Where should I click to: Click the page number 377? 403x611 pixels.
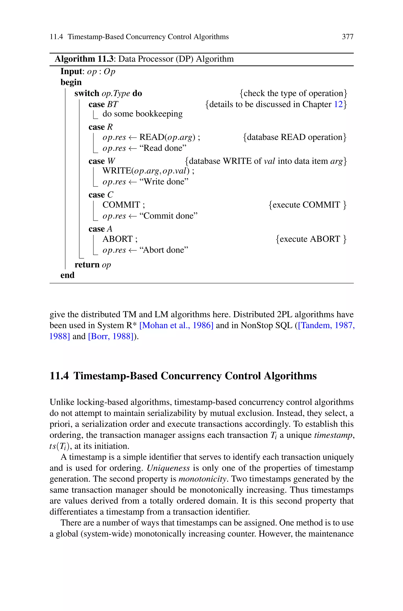[348, 37]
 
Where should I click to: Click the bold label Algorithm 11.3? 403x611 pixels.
[84, 59]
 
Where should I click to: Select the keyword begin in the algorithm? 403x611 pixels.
[71, 82]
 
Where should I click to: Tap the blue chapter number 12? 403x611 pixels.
[338, 104]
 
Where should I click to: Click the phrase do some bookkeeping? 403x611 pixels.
[142, 114]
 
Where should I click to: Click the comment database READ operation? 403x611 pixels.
[295, 137]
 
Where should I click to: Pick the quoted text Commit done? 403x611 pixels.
[168, 216]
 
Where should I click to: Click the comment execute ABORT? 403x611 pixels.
[311, 239]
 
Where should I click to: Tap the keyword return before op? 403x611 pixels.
[87, 264]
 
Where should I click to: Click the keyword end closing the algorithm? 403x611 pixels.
[67, 275]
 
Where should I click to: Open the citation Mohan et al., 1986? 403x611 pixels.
[176, 325]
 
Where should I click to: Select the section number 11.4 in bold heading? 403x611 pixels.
[59, 376]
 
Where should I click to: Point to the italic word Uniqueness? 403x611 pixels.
[168, 468]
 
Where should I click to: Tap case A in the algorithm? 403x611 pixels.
[100, 229]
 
